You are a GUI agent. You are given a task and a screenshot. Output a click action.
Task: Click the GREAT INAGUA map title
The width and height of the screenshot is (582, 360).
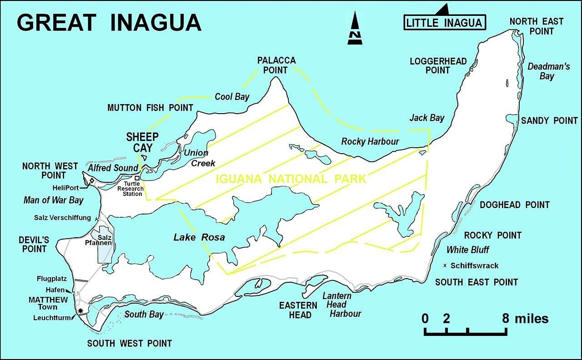pyautogui.click(x=109, y=22)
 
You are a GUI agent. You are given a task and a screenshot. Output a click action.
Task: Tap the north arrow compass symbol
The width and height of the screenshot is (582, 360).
pyautogui.click(x=354, y=29)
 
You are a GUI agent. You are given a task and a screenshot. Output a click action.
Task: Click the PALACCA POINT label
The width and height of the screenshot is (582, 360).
pyautogui.click(x=276, y=65)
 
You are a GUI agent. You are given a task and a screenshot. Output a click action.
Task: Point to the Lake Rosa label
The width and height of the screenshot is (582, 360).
pyautogui.click(x=199, y=237)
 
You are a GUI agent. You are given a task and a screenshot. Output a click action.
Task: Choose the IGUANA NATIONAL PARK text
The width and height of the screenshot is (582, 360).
pyautogui.click(x=291, y=179)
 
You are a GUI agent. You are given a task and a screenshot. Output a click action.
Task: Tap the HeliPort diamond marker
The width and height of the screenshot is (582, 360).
pyautogui.click(x=91, y=181)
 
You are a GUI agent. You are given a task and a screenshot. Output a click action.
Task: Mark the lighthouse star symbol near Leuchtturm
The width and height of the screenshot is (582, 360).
pyautogui.click(x=81, y=311)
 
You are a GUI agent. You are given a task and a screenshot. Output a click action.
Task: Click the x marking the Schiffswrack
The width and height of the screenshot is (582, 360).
pyautogui.click(x=445, y=265)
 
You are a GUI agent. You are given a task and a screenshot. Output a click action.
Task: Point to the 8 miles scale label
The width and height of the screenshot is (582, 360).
pyautogui.click(x=525, y=319)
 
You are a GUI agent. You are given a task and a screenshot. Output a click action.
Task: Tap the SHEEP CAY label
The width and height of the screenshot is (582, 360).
pyautogui.click(x=142, y=142)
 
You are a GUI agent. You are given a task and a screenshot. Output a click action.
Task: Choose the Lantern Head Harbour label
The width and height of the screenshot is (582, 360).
pyautogui.click(x=341, y=305)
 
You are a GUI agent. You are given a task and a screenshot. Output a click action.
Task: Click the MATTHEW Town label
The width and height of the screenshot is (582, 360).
pyautogui.click(x=48, y=303)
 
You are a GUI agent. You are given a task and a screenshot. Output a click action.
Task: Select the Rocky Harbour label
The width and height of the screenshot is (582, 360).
pyautogui.click(x=370, y=141)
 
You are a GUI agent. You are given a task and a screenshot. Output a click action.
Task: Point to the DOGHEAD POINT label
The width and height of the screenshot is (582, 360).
pyautogui.click(x=514, y=205)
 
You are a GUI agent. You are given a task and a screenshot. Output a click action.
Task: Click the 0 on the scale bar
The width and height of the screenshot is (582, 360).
pyautogui.click(x=425, y=319)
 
